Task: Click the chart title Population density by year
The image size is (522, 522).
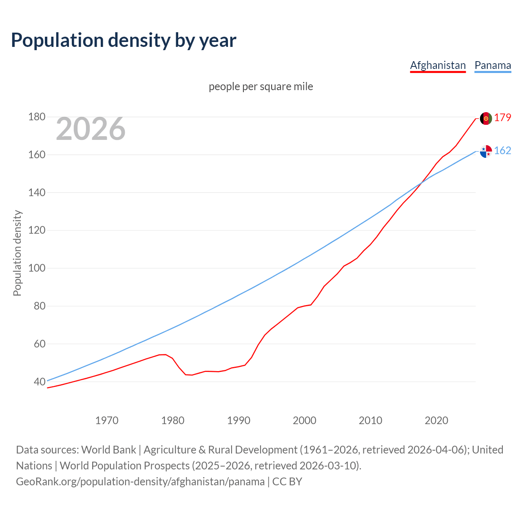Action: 124,40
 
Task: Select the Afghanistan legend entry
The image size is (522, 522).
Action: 438,65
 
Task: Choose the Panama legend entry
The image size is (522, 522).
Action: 493,65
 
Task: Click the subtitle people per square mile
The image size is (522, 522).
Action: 261,86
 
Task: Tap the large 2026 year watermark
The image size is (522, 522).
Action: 91,129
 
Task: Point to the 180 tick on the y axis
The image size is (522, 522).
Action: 37,117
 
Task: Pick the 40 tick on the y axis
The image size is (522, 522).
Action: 40,382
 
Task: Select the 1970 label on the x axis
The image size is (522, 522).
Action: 107,420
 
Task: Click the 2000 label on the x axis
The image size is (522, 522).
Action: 305,420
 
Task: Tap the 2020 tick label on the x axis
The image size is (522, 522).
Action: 436,420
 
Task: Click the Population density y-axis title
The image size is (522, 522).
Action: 17,253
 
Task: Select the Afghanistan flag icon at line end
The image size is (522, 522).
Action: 486,118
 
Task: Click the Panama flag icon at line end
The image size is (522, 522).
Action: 486,151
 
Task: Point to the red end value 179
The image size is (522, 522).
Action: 502,118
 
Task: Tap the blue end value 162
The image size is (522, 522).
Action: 502,151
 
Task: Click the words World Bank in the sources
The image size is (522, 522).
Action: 108,450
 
